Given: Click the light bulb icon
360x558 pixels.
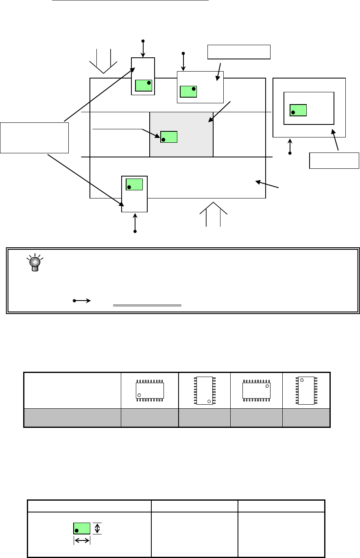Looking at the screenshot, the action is [x=35, y=262].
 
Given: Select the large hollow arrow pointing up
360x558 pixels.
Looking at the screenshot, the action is [x=213, y=214].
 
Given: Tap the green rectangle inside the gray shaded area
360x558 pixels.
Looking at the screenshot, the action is [x=169, y=137].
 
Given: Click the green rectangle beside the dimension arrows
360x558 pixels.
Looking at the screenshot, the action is [x=82, y=528].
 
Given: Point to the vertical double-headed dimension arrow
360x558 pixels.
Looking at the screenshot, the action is [x=97, y=528].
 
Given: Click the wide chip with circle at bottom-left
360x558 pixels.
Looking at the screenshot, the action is [x=150, y=390].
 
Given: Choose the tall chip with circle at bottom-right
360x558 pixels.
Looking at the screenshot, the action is [x=204, y=390].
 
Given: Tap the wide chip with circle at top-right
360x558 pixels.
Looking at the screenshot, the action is [x=256, y=390].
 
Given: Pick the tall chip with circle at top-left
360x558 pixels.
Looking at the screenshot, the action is [x=306, y=390].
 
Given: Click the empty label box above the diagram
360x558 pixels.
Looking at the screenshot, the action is [x=239, y=52].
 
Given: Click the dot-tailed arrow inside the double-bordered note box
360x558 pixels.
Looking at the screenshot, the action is [x=82, y=301].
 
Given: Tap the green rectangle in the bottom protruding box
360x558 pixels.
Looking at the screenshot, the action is [x=134, y=184].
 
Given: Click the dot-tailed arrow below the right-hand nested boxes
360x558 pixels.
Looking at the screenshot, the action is [x=290, y=146].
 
